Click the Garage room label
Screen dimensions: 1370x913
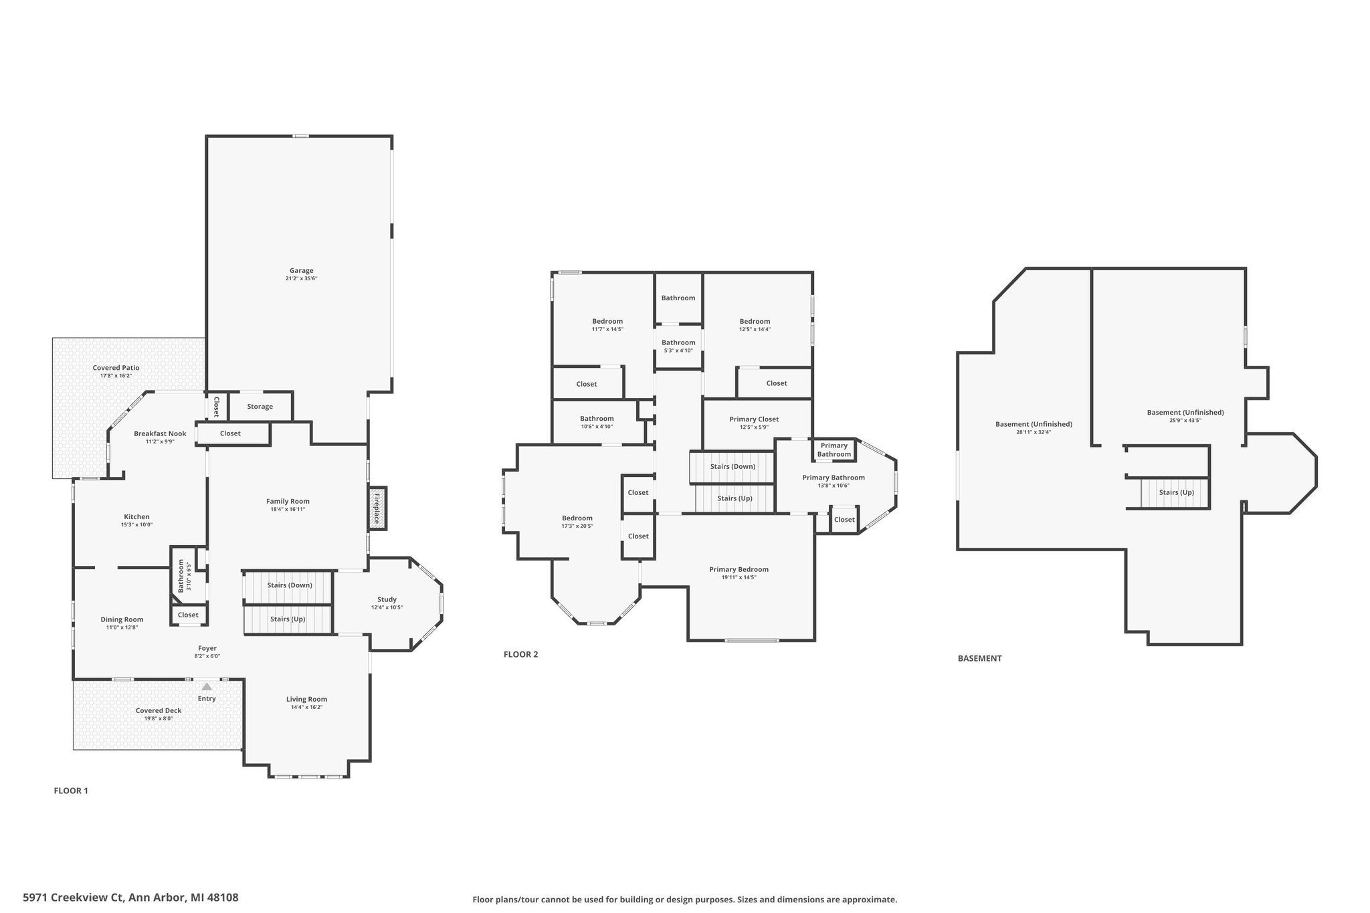[301, 271]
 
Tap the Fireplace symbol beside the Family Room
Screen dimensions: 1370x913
[377, 508]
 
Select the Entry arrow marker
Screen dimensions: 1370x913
[207, 686]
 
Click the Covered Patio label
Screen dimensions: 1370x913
[116, 368]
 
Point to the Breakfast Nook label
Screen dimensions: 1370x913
[160, 433]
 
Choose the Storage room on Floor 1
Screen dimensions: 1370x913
[260, 407]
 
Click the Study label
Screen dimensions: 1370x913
[387, 599]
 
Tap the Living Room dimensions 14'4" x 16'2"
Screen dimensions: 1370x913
[307, 707]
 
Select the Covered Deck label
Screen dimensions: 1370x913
[159, 711]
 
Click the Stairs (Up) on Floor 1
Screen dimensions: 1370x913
[288, 619]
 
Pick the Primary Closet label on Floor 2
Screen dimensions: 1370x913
[754, 419]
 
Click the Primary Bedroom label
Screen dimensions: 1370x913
[739, 569]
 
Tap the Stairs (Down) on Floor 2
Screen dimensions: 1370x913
[732, 467]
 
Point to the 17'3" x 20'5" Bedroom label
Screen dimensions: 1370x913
[577, 518]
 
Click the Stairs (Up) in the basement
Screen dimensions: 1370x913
[1176, 493]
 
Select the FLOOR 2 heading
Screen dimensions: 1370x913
[520, 655]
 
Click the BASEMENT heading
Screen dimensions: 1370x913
[979, 658]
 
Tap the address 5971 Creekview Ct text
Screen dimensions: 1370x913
[73, 898]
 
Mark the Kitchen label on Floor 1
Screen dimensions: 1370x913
[136, 516]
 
